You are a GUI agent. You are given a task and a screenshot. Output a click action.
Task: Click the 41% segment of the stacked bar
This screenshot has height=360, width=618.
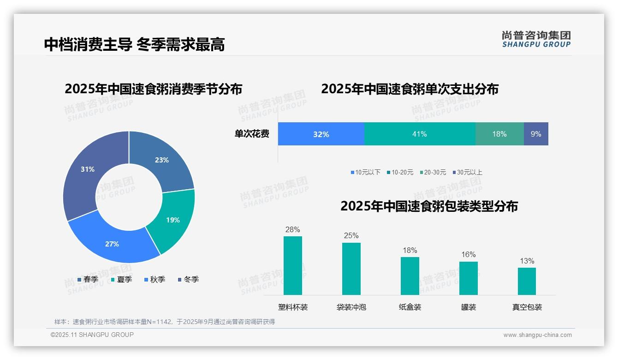tap(420, 134)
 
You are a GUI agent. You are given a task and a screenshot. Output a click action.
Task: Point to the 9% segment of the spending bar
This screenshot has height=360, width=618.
tap(536, 134)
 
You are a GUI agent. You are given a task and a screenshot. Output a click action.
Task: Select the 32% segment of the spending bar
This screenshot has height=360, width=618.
tap(321, 134)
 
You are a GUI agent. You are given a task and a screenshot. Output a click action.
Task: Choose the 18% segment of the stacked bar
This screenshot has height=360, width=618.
tap(499, 134)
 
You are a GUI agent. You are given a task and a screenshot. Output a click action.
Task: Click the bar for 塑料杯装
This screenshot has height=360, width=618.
tap(293, 265)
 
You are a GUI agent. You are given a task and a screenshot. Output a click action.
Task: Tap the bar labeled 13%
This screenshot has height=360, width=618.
tap(527, 281)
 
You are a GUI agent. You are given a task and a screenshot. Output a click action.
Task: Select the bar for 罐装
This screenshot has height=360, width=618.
tap(469, 278)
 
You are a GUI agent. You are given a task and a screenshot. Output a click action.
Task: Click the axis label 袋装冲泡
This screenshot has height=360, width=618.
tap(351, 307)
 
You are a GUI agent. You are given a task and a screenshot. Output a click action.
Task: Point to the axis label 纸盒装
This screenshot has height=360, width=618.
tap(410, 307)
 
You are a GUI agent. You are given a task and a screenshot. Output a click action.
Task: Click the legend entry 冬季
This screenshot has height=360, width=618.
tap(188, 279)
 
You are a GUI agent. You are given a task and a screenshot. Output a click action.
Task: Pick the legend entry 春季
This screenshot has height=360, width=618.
tap(88, 279)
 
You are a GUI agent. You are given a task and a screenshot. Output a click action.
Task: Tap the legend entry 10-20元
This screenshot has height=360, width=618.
tap(400, 172)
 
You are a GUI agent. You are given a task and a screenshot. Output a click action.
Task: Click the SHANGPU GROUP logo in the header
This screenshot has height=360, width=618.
tap(536, 39)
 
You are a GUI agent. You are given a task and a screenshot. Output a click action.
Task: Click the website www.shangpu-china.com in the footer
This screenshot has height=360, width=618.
tap(537, 335)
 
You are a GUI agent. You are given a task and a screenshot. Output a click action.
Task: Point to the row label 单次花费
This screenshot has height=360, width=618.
tap(252, 134)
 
